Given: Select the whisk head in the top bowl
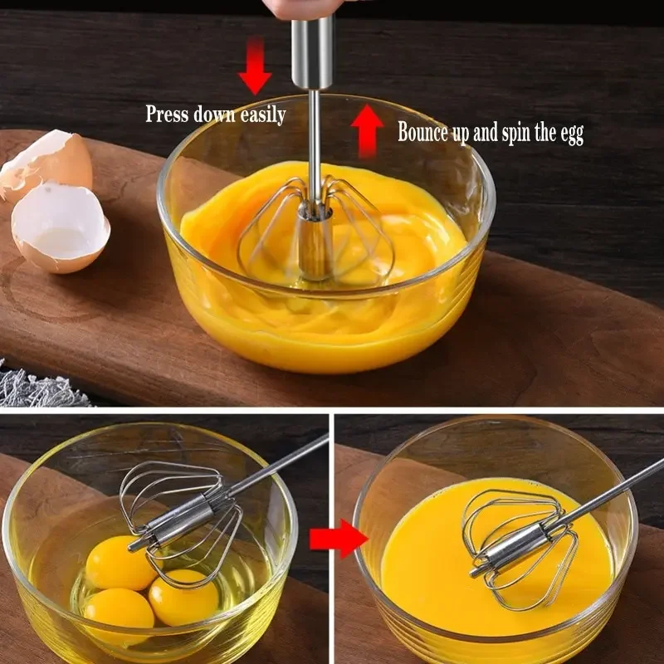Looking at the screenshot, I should [x=316, y=228].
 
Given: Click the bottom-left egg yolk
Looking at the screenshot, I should [x=118, y=610].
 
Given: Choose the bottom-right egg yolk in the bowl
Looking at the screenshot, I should [x=183, y=597].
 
